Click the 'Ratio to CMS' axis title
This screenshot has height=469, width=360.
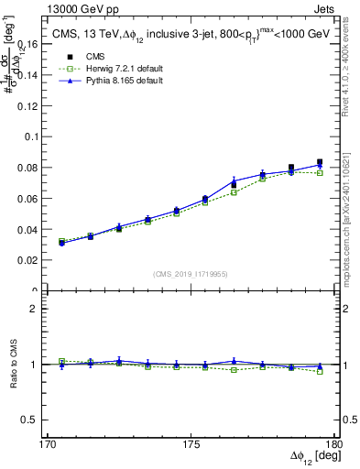click(12, 365)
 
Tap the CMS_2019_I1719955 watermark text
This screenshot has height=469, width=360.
click(191, 273)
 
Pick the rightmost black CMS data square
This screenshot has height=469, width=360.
click(320, 162)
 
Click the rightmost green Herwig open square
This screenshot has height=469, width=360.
click(320, 172)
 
